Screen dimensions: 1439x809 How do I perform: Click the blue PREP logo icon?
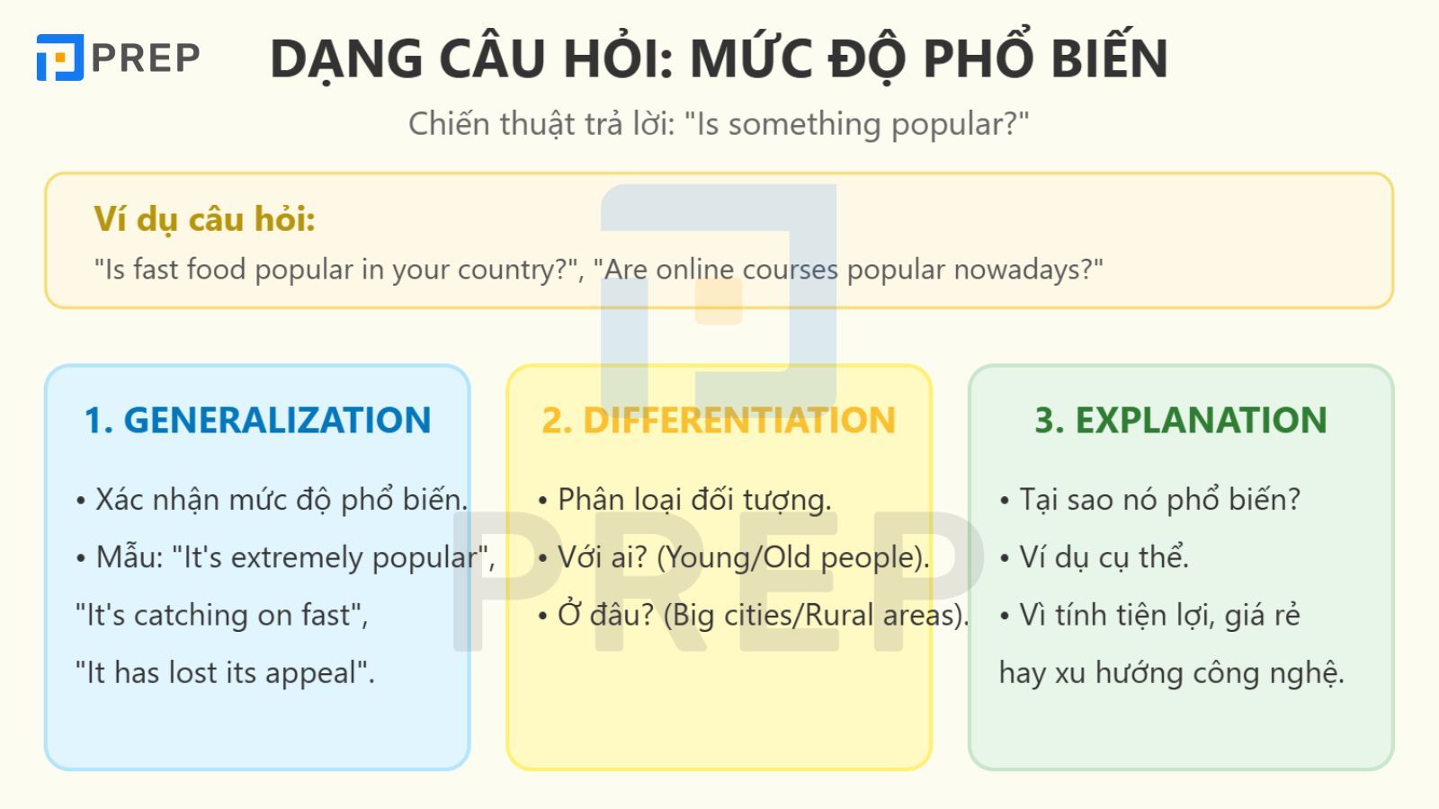click(59, 58)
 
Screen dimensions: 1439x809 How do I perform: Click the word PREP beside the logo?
click(146, 58)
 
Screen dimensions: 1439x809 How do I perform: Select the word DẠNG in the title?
click(346, 59)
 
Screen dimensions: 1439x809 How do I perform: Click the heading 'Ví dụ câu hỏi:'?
click(204, 219)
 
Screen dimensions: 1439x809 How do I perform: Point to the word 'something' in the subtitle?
click(804, 123)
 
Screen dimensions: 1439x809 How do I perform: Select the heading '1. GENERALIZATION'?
click(257, 420)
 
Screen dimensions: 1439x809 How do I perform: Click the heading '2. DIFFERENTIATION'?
click(719, 420)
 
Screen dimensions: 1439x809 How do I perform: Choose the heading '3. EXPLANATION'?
click(1181, 420)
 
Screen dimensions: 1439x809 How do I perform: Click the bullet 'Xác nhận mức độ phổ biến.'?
click(272, 500)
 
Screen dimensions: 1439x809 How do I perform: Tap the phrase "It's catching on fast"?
click(221, 615)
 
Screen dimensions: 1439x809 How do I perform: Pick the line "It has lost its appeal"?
click(225, 673)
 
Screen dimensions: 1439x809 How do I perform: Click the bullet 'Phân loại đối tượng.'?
click(684, 500)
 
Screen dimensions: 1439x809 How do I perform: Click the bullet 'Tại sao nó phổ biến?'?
click(1150, 500)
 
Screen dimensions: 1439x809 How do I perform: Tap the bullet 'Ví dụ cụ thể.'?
click(1094, 557)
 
